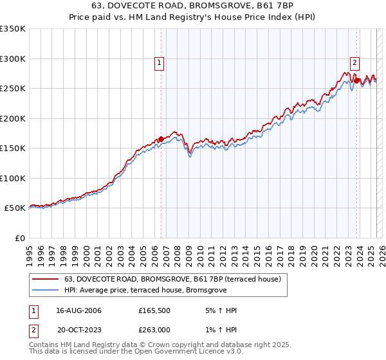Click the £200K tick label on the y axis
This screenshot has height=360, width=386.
[x=12, y=118]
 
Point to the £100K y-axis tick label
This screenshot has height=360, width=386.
[x=12, y=178]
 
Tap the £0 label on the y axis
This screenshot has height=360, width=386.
[x=19, y=238]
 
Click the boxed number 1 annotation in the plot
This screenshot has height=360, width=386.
[x=158, y=63]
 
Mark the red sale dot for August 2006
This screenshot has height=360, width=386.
[x=161, y=139]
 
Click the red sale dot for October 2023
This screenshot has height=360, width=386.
[x=356, y=80]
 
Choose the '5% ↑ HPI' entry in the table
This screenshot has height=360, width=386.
[x=221, y=310]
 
